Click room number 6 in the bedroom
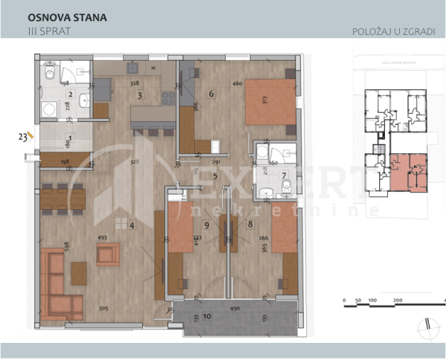[x=212, y=94]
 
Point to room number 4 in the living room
[x=132, y=224]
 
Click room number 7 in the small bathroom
[x=284, y=176]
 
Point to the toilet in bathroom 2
[x=49, y=74]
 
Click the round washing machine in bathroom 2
[x=50, y=109]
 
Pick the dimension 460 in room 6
[x=237, y=84]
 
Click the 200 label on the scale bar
[x=397, y=301]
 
